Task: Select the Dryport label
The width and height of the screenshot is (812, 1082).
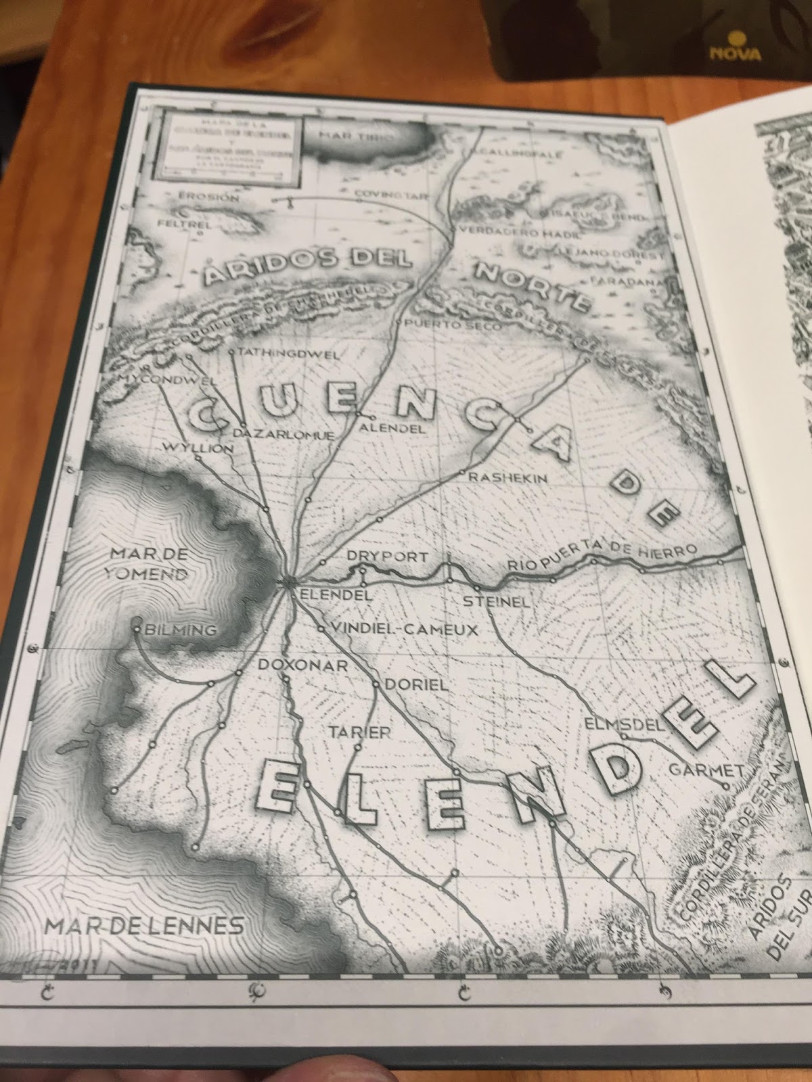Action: pyautogui.click(x=387, y=557)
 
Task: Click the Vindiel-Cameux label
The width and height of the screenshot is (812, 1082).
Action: pyautogui.click(x=405, y=630)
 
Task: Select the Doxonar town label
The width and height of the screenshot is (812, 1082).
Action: pyautogui.click(x=302, y=665)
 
